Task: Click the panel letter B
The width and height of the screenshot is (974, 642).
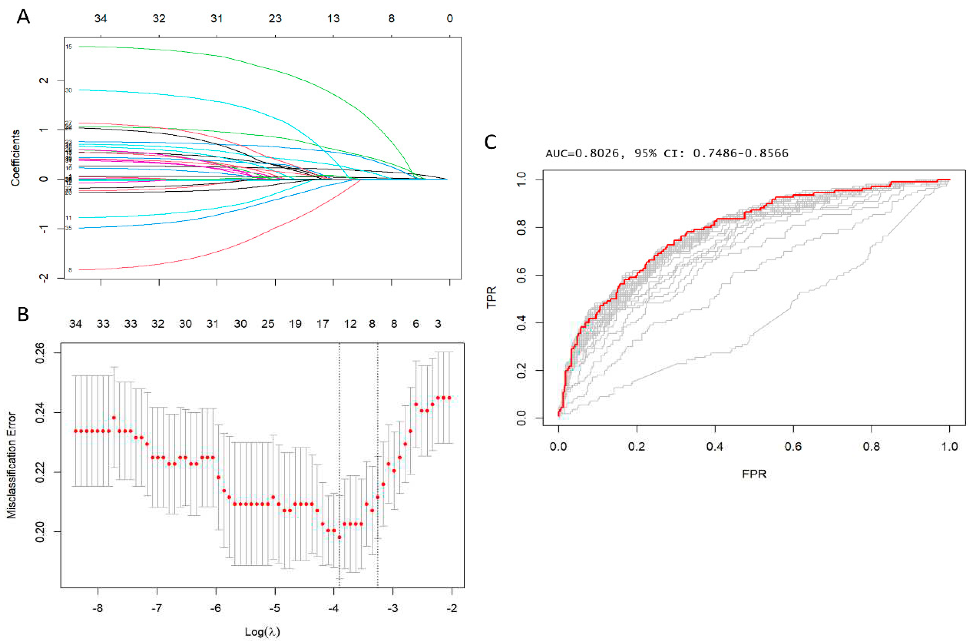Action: tap(23, 314)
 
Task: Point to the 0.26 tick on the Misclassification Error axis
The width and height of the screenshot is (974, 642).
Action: tap(41, 353)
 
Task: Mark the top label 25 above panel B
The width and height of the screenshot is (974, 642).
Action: tap(268, 324)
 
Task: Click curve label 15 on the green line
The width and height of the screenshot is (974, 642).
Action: tap(69, 47)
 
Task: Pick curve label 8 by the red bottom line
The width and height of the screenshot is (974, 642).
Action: tap(70, 270)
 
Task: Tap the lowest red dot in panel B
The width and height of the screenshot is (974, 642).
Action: tap(339, 537)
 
